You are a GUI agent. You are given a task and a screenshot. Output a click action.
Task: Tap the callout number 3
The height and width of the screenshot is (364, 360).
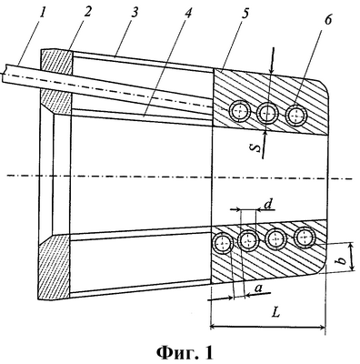135,12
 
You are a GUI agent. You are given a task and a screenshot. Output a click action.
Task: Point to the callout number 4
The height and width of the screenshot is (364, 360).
188,13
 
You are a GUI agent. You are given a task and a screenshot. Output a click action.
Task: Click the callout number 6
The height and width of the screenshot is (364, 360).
327,19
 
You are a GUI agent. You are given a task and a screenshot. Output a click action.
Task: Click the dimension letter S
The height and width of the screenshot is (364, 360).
257,147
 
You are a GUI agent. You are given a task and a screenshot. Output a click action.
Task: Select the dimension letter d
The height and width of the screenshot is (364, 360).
268,205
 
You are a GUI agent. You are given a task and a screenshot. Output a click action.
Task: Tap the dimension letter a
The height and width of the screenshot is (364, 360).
258,288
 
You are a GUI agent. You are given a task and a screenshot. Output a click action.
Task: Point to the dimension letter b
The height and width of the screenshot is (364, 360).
342,259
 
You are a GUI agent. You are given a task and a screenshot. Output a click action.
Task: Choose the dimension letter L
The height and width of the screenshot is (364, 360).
275,312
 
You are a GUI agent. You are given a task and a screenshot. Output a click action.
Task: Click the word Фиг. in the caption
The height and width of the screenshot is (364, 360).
175,353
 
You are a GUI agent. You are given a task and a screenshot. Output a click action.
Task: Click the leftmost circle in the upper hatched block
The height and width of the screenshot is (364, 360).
240,112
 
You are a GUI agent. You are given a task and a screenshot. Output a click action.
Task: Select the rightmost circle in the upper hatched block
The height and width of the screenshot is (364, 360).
296,116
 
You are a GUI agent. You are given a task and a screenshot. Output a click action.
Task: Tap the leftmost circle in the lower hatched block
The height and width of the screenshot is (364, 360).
223,243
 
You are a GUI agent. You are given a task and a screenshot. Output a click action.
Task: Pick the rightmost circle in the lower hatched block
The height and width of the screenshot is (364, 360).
305,238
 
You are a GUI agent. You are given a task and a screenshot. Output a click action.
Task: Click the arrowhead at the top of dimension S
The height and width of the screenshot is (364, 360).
273,69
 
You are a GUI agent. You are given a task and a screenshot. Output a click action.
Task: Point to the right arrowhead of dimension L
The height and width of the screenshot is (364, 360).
321,327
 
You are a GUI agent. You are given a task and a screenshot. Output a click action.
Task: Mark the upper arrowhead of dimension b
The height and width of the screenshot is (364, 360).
352,247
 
